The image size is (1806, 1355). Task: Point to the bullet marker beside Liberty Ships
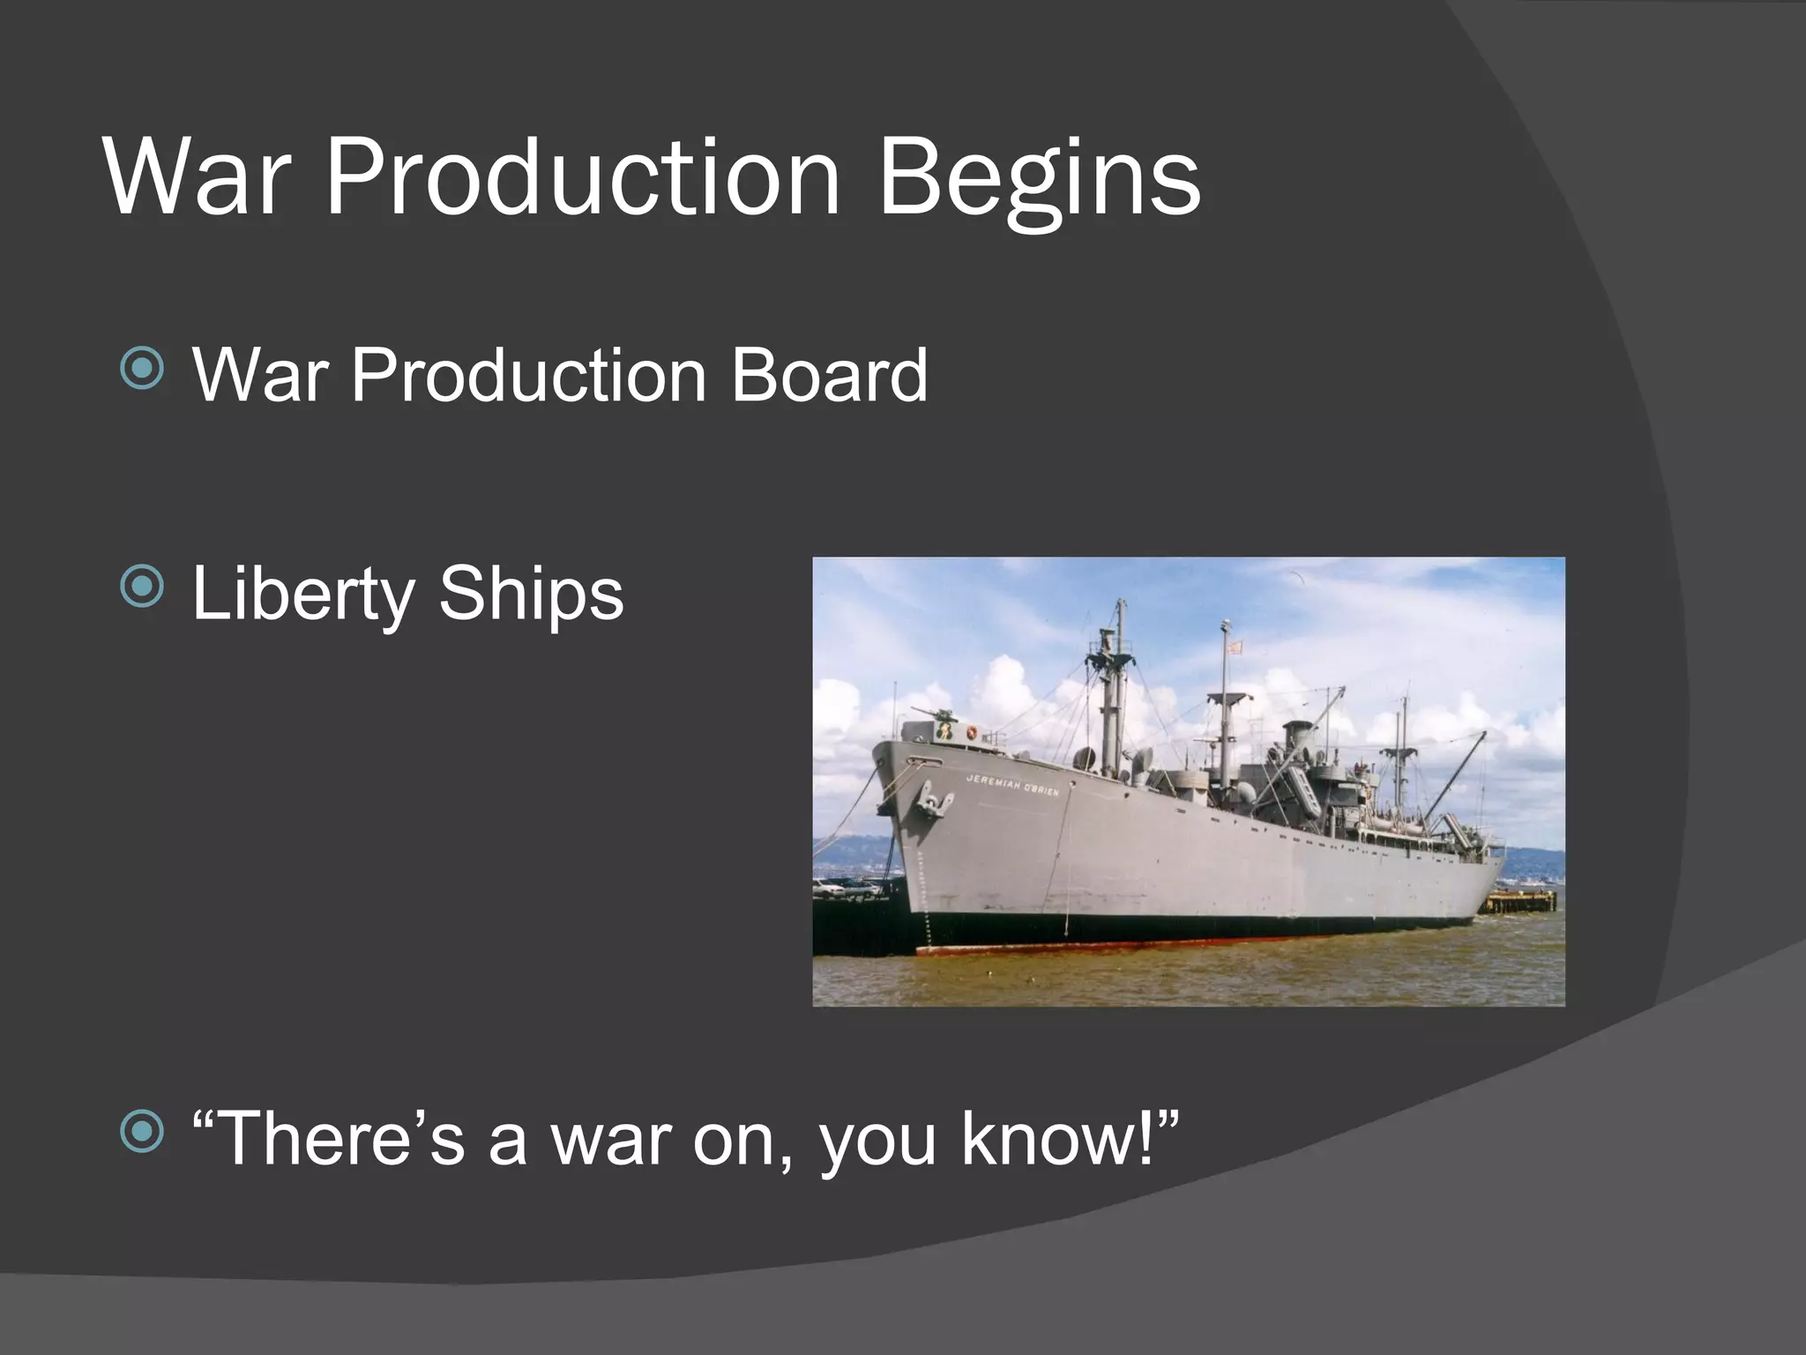click(x=142, y=587)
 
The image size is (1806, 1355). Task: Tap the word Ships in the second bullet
click(x=531, y=594)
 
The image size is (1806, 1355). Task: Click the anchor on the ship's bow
click(x=935, y=799)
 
